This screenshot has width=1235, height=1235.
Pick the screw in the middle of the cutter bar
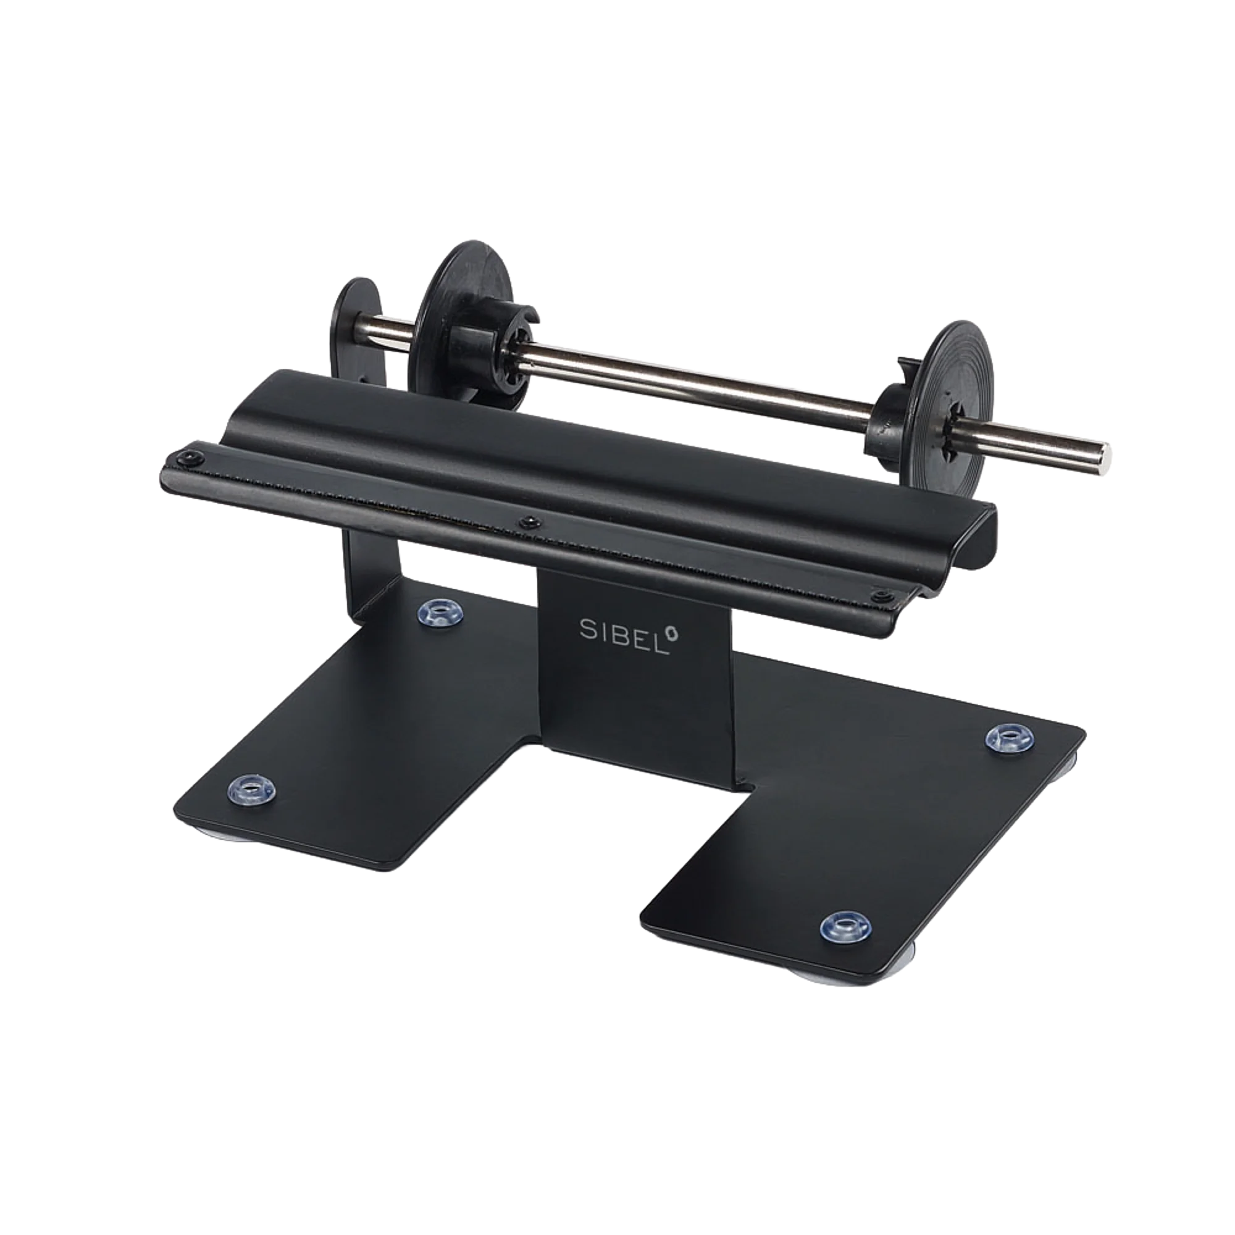[527, 523]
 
